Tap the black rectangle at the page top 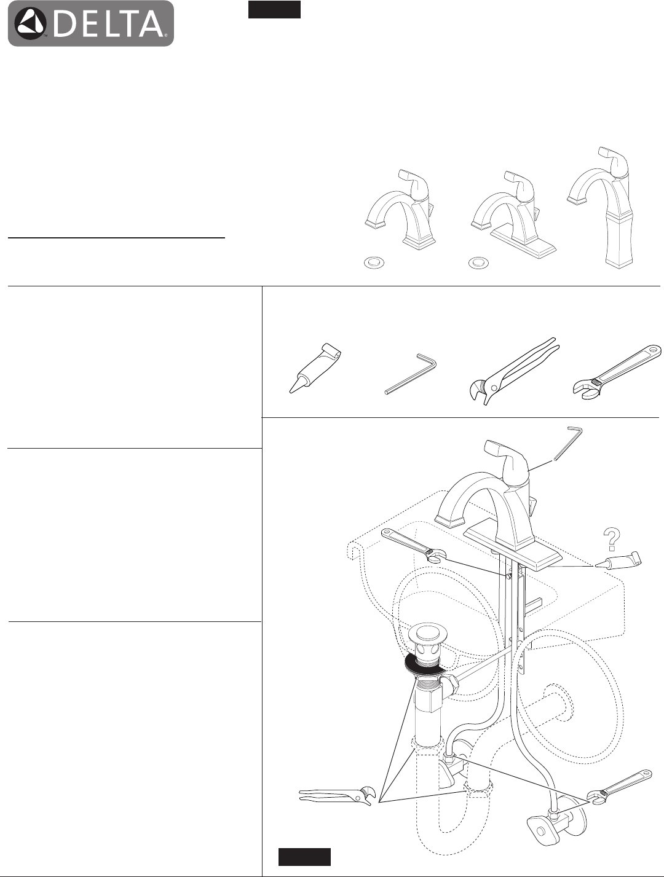click(x=274, y=10)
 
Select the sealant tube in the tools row click(x=316, y=368)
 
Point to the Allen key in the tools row click(x=411, y=374)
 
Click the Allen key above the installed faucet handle click(x=567, y=444)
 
